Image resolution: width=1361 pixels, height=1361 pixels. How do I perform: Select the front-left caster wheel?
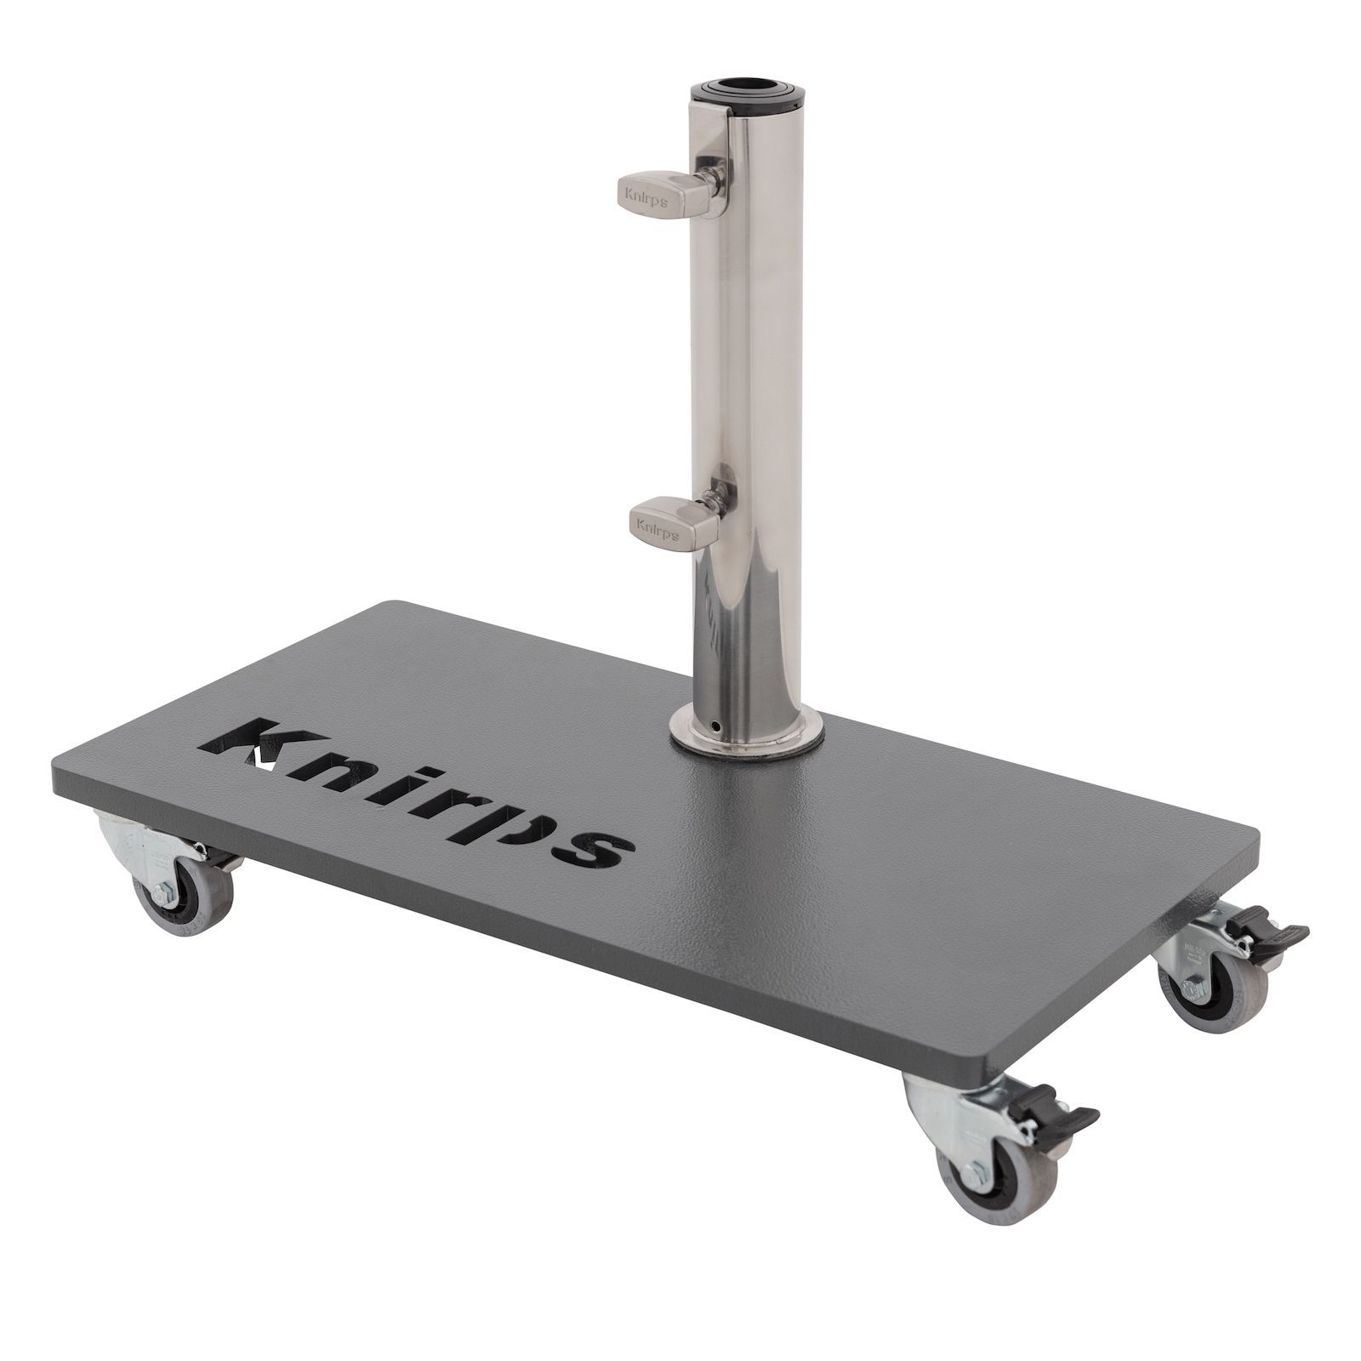180,901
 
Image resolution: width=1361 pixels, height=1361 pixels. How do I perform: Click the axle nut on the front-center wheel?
975,1176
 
